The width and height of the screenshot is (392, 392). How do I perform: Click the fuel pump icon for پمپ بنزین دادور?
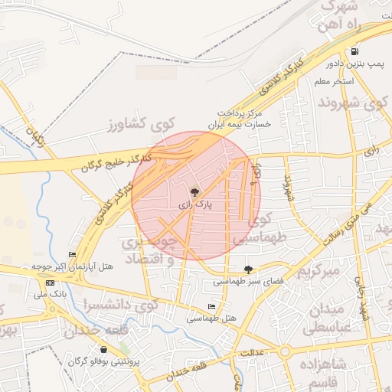point(354,52)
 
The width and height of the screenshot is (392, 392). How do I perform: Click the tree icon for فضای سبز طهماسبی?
point(247,269)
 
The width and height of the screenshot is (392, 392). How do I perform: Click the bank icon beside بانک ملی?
point(51,283)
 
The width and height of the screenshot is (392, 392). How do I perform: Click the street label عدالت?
point(252,353)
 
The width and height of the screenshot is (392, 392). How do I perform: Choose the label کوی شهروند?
point(345,103)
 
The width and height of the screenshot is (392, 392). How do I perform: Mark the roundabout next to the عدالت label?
point(285,352)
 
